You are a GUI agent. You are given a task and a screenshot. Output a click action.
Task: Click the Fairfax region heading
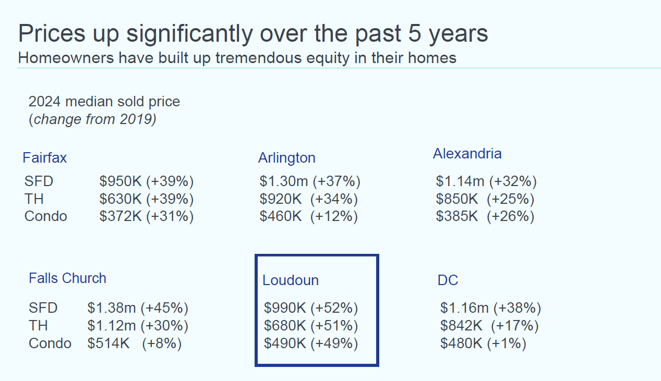click(45, 157)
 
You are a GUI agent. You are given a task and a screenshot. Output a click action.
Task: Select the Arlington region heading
click(286, 158)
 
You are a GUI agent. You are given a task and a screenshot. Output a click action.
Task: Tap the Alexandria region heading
click(467, 154)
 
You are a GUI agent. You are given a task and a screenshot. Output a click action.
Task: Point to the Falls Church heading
click(67, 278)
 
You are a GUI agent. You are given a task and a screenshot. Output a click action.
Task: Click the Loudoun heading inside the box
click(290, 280)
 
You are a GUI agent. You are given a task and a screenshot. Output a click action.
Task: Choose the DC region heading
click(448, 280)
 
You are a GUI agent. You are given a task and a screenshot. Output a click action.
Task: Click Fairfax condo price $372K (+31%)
click(146, 216)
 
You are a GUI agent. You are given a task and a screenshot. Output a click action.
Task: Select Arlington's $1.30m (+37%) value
click(310, 182)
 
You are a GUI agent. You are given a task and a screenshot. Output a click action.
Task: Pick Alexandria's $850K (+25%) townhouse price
click(485, 199)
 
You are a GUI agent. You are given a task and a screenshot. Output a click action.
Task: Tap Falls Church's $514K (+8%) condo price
click(134, 343)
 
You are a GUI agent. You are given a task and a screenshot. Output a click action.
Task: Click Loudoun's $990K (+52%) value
click(311, 308)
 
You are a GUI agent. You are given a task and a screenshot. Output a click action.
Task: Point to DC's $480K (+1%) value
click(483, 344)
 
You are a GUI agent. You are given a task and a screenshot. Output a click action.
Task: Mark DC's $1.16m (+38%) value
click(490, 308)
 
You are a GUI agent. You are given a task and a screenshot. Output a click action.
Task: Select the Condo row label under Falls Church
click(50, 343)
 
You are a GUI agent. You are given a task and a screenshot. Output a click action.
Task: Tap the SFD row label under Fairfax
click(39, 182)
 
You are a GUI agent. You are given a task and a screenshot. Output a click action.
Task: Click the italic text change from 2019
click(92, 119)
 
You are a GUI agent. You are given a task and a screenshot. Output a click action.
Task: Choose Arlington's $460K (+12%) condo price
click(308, 216)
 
